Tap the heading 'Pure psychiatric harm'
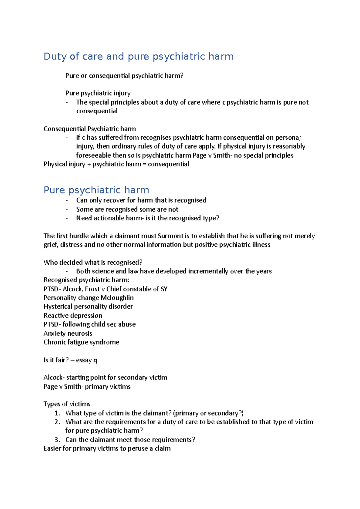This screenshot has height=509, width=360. click(96, 190)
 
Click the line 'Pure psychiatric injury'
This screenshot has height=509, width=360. click(98, 93)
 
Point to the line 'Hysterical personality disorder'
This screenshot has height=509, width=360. click(88, 307)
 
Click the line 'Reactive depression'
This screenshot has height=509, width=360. click(73, 316)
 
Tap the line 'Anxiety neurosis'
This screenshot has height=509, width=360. click(68, 333)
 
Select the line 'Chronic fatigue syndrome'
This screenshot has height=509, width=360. click(81, 342)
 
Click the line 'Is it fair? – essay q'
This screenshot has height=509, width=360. click(70, 360)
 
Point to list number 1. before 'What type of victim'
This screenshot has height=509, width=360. click(57, 413)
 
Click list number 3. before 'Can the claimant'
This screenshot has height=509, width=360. click(57, 440)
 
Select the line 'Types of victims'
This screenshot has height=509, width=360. click(67, 404)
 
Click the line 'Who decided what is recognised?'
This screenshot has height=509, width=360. click(93, 263)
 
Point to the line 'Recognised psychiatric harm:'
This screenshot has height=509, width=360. click(86, 280)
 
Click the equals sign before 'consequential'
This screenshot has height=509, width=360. click(144, 164)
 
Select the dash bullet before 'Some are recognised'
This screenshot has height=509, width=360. click(67, 209)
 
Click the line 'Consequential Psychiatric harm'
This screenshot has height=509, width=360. click(90, 129)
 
